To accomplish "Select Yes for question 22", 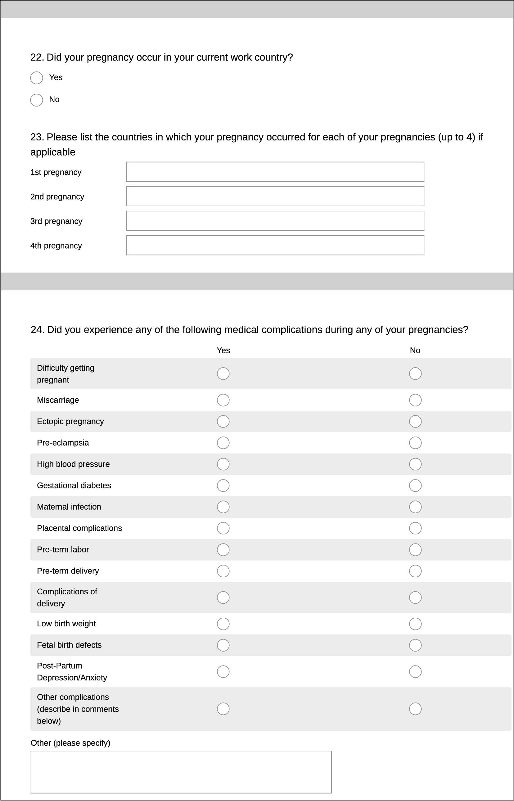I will pyautogui.click(x=36, y=78).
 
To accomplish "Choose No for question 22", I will pyautogui.click(x=36, y=100).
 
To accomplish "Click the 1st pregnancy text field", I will pyautogui.click(x=275, y=172).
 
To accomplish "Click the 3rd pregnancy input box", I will pyautogui.click(x=275, y=221).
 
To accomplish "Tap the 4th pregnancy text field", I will pyautogui.click(x=275, y=245).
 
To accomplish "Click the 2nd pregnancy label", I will pyautogui.click(x=57, y=197).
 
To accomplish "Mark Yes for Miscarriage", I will pyautogui.click(x=223, y=400).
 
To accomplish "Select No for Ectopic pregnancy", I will pyautogui.click(x=415, y=422).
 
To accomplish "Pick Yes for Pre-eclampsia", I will pyautogui.click(x=223, y=443).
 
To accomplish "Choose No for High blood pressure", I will pyautogui.click(x=415, y=464).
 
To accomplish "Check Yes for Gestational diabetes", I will pyautogui.click(x=223, y=486).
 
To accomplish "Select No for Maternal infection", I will pyautogui.click(x=415, y=507).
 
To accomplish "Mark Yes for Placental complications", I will pyautogui.click(x=223, y=529).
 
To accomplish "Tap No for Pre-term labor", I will pyautogui.click(x=415, y=550).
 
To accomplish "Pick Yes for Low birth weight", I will pyautogui.click(x=223, y=624).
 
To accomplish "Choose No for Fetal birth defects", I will pyautogui.click(x=415, y=645).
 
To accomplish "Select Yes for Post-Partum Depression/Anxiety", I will pyautogui.click(x=223, y=672).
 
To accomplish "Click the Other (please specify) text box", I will pyautogui.click(x=181, y=772).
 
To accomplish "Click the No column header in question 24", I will pyautogui.click(x=415, y=350).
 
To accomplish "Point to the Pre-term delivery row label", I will pyautogui.click(x=68, y=571).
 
